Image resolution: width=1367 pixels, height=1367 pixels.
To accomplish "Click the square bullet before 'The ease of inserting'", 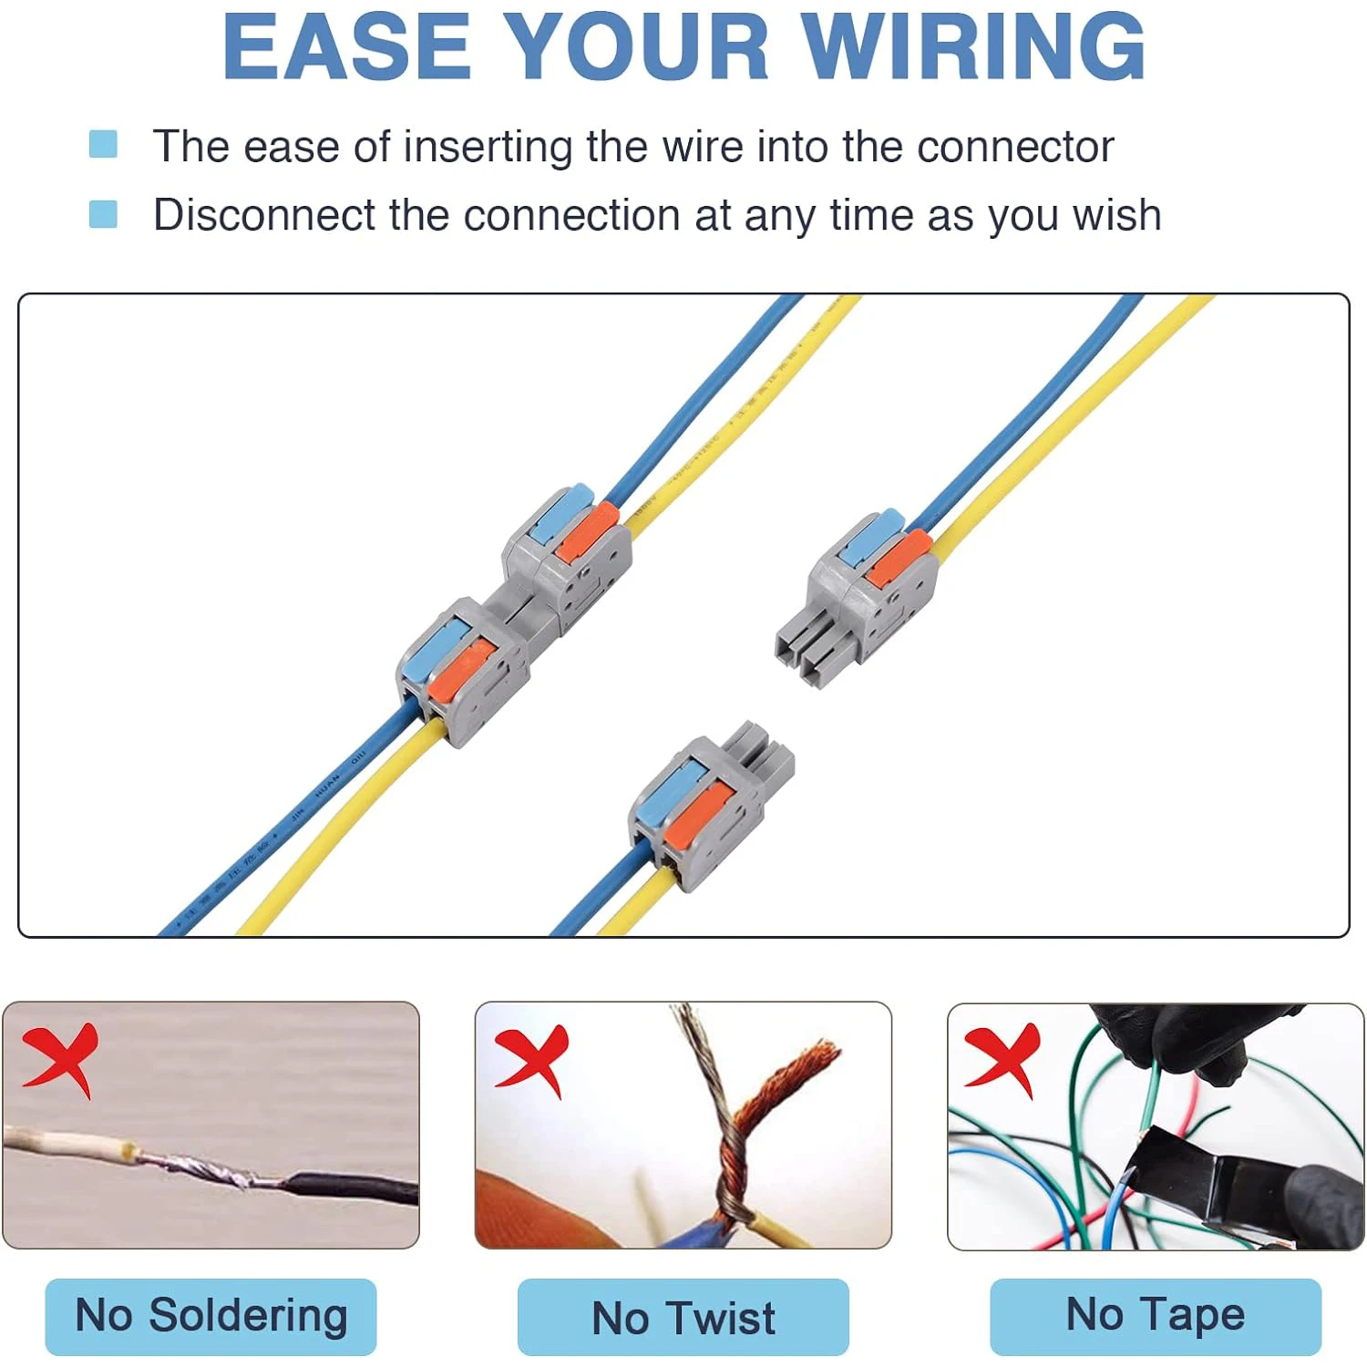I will click(x=103, y=144).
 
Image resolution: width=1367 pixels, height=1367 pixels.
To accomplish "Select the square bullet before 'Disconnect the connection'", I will click(x=103, y=214).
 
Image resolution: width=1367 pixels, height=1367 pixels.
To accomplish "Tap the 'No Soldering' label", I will click(x=211, y=1316).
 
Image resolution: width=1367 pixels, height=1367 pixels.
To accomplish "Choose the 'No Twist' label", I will click(x=683, y=1318).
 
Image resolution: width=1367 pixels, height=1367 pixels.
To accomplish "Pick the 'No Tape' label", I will click(x=1155, y=1315).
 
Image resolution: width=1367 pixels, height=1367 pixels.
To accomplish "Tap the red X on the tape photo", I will click(x=1002, y=1057).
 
